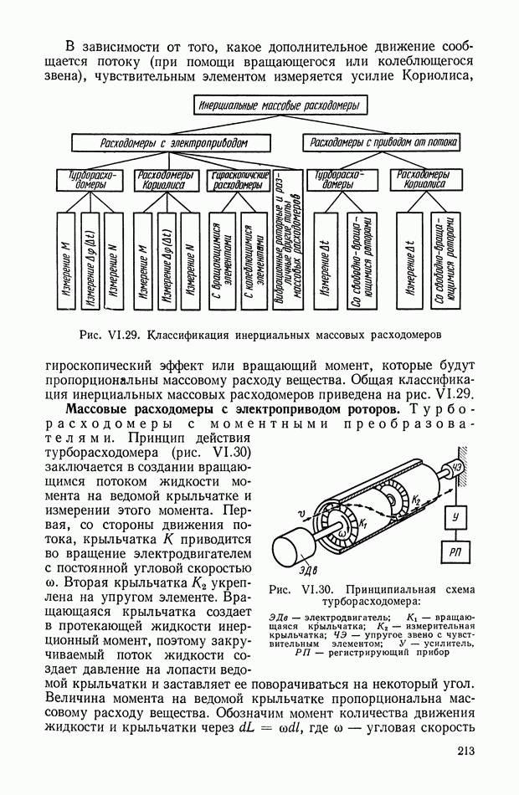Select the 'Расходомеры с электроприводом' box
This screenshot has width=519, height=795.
click(x=173, y=143)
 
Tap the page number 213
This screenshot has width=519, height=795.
click(x=466, y=751)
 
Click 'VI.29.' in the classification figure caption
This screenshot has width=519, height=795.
click(x=125, y=336)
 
